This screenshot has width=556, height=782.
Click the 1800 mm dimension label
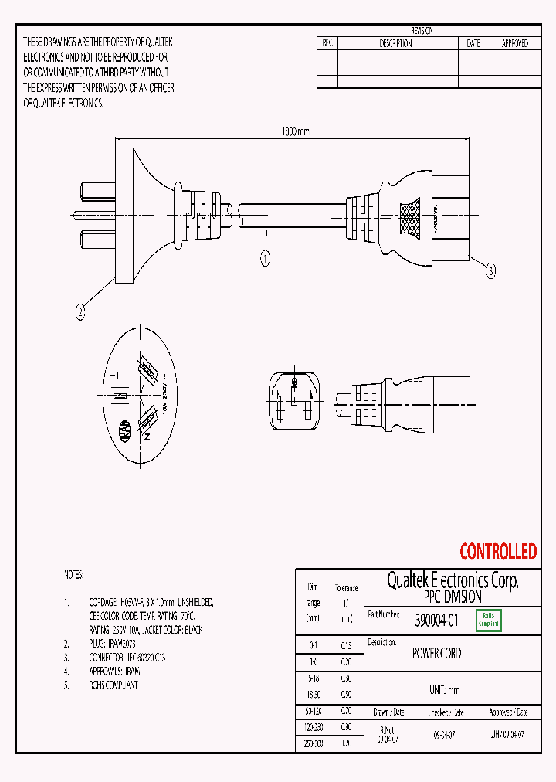(294, 132)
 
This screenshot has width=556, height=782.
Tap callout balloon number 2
(80, 313)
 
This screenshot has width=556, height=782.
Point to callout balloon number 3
(491, 270)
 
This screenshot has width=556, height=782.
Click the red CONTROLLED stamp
(497, 552)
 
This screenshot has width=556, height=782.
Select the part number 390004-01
(436, 620)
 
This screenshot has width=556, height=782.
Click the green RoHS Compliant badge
(489, 620)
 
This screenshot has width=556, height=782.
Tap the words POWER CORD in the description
(436, 654)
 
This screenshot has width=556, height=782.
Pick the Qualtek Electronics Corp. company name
(453, 580)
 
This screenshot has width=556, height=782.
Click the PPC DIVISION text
(453, 597)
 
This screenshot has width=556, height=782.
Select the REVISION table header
(422, 31)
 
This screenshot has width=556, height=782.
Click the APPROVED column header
(515, 44)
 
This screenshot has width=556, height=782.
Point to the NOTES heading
(73, 576)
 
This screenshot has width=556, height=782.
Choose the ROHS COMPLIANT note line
(114, 685)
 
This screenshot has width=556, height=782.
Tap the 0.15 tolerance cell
(347, 645)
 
